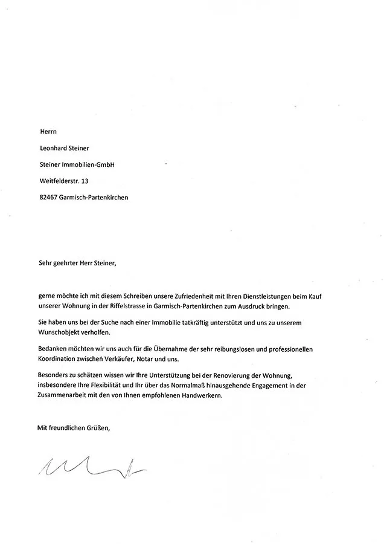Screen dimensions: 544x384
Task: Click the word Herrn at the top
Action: tap(46, 130)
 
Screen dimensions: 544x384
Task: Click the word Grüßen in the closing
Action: tap(97, 428)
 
